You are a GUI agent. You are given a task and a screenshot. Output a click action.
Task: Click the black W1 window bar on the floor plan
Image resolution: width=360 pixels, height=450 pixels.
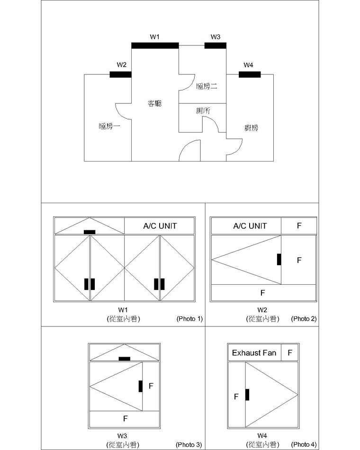(x=155, y=45)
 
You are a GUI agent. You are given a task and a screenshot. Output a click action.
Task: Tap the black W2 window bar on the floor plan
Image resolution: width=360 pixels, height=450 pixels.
(x=121, y=75)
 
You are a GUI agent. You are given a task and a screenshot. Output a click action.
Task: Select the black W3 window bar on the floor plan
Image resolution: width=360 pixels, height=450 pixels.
(x=216, y=45)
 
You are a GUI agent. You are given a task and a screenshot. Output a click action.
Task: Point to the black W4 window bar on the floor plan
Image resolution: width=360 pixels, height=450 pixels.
(x=250, y=75)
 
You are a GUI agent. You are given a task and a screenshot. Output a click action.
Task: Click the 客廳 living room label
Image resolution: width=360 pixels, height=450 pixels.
(x=155, y=103)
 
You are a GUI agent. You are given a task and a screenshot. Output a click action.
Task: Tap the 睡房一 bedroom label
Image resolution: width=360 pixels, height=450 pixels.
(x=109, y=126)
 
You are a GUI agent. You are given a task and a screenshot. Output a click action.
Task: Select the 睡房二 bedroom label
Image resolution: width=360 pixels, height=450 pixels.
(x=207, y=86)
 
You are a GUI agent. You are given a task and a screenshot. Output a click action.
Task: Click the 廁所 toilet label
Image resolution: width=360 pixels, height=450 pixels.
(x=203, y=111)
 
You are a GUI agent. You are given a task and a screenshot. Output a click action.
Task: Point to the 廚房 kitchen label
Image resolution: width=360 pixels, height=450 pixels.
(x=251, y=128)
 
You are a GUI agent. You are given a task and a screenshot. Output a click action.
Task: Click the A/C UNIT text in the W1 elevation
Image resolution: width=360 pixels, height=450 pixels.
(x=160, y=226)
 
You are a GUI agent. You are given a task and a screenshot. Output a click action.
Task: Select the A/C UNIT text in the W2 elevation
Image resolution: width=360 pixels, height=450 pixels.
(x=250, y=226)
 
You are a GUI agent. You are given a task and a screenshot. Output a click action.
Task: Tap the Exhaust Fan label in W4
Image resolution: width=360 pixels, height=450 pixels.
(x=254, y=353)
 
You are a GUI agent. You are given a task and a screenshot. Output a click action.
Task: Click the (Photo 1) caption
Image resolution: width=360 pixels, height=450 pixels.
(x=189, y=319)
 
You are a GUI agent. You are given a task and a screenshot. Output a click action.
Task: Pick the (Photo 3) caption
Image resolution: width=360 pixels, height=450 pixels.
(x=189, y=445)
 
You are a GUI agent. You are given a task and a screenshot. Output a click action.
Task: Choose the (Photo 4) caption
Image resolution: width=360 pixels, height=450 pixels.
(x=304, y=445)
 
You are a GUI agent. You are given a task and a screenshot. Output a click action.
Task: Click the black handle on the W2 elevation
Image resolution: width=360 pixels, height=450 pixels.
(x=279, y=260)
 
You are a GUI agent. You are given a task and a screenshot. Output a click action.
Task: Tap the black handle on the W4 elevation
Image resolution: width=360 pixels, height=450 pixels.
(x=247, y=395)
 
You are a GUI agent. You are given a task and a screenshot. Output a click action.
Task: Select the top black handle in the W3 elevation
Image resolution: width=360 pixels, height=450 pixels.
(x=125, y=359)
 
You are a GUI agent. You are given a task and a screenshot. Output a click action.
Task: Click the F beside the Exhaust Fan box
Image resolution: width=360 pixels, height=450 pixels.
(x=290, y=353)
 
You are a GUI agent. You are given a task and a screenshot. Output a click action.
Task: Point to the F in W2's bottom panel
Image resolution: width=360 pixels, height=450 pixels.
(x=263, y=293)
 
